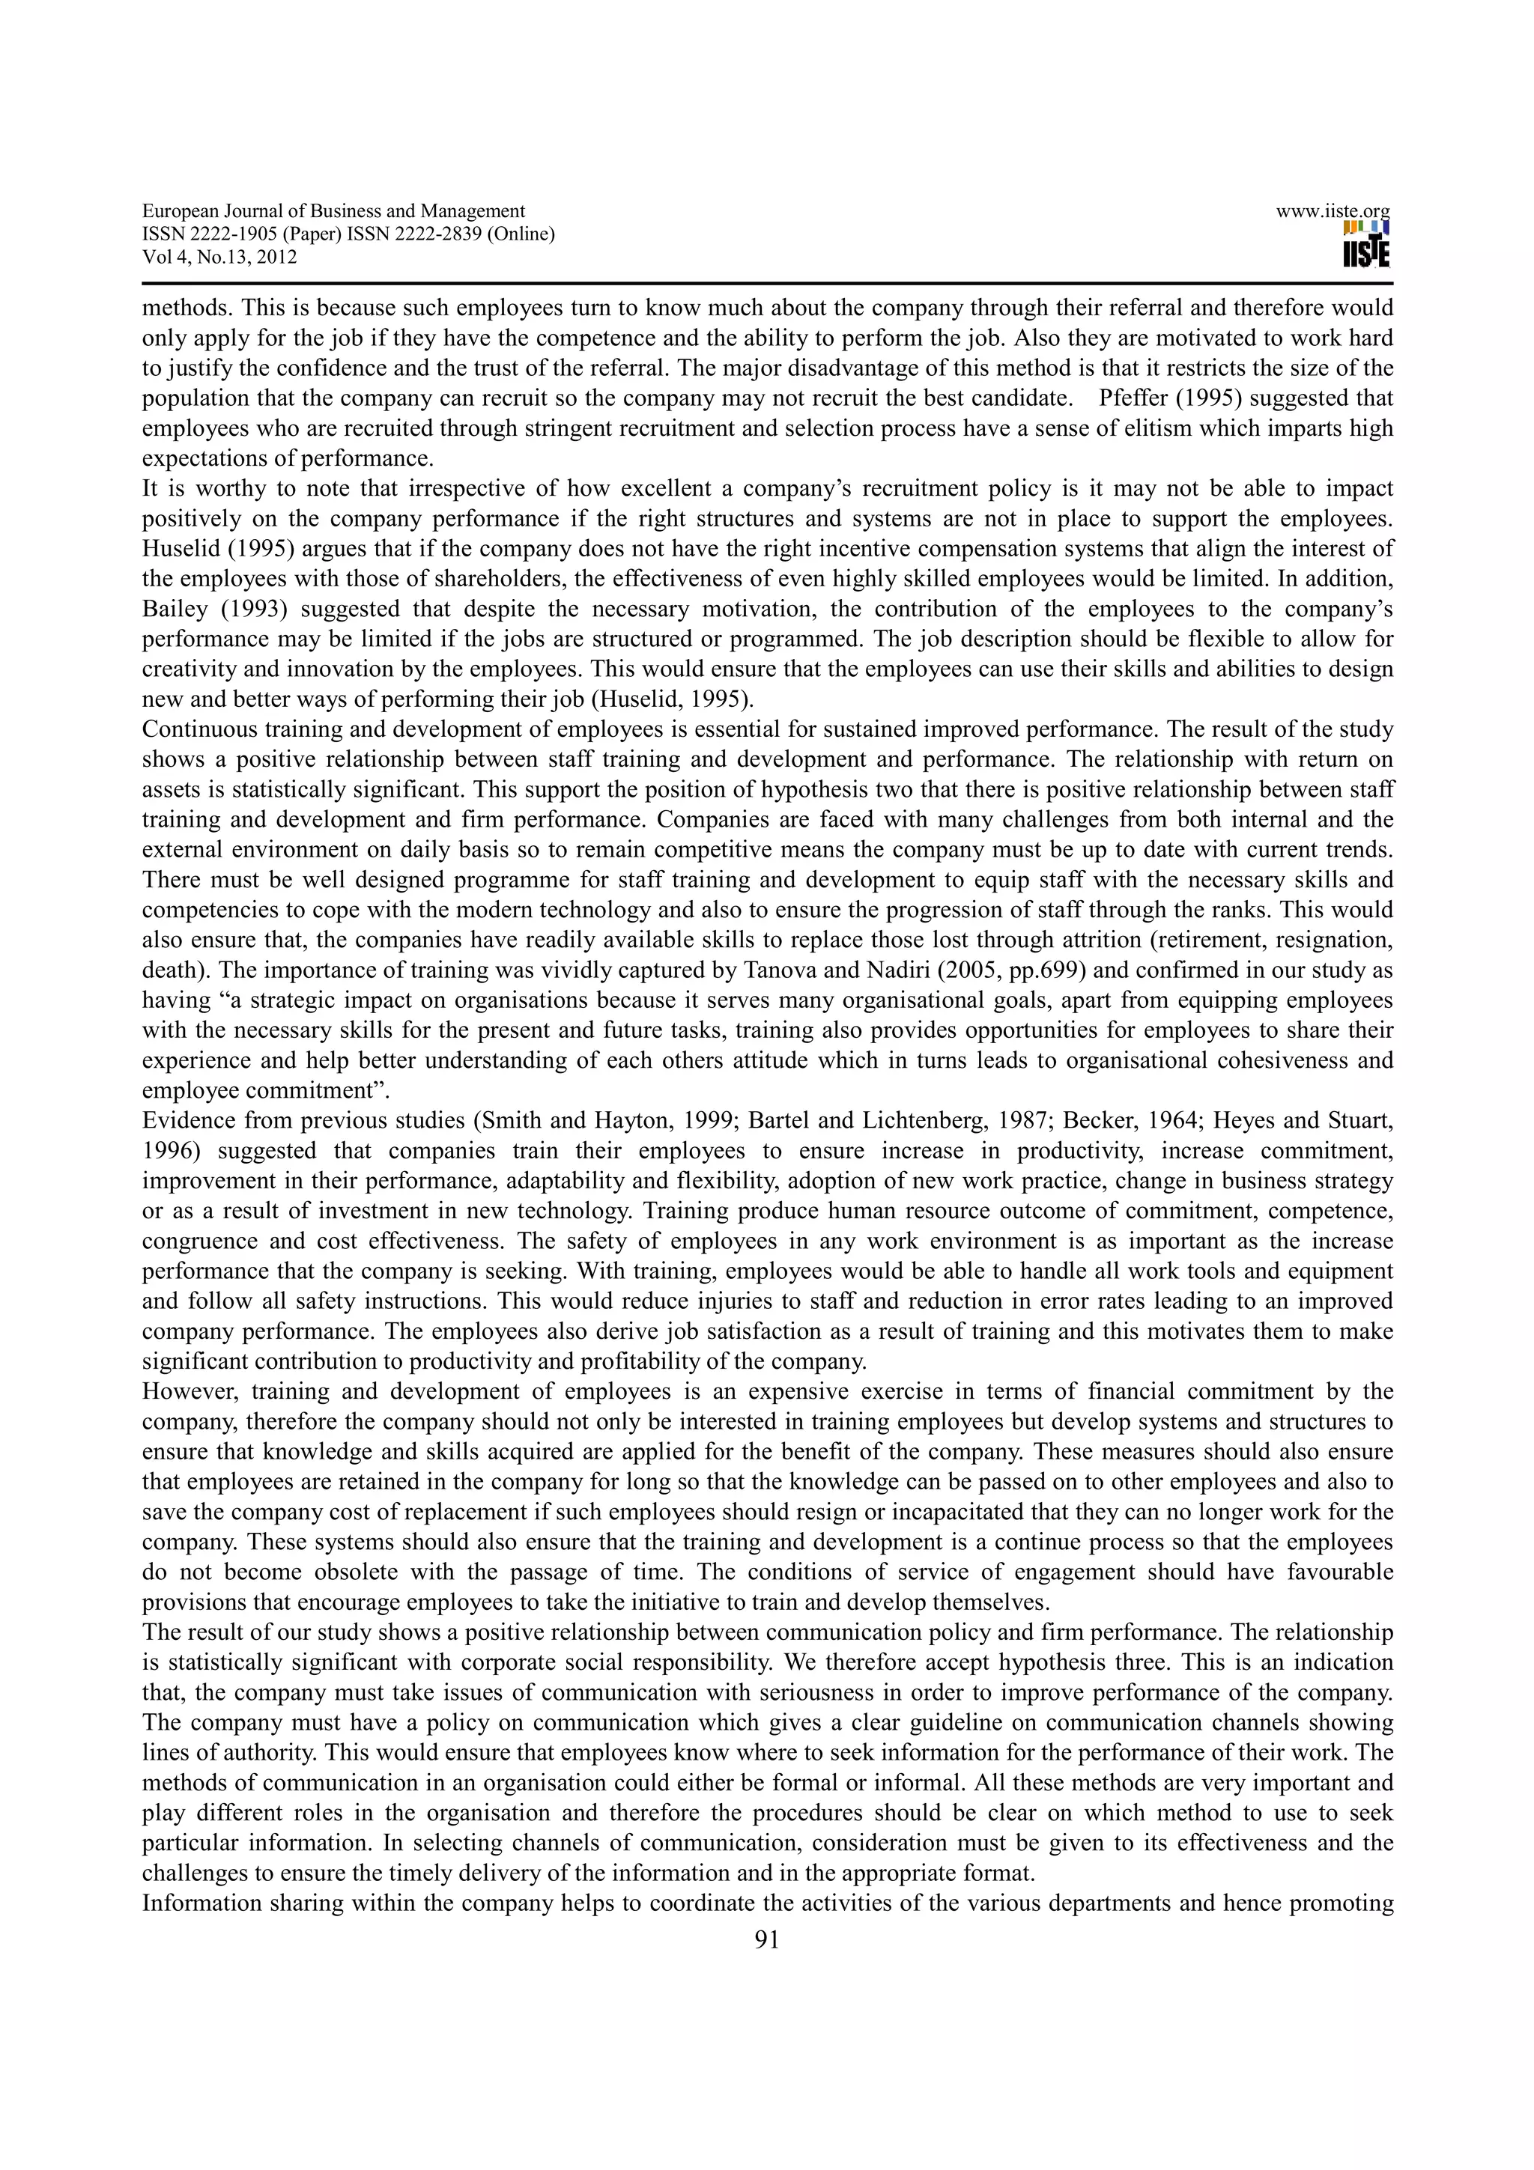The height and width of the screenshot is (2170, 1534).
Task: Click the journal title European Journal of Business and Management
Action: (x=333, y=212)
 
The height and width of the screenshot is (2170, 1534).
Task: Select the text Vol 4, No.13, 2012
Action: (x=219, y=257)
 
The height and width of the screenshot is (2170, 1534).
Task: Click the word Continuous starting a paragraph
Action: (x=196, y=729)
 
